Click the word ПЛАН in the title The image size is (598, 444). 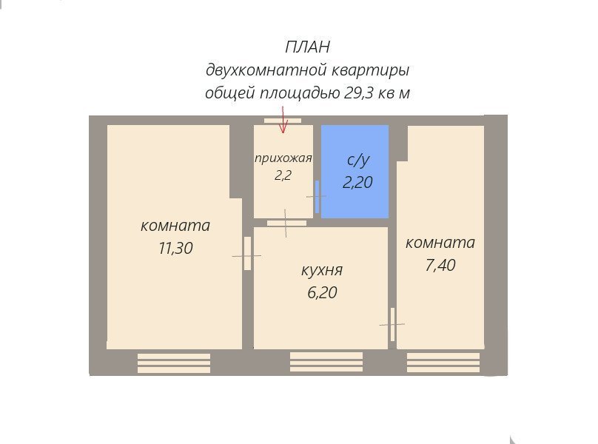pyautogui.click(x=307, y=47)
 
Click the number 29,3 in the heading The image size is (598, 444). pyautogui.click(x=358, y=92)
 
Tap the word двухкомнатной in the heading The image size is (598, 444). pyautogui.click(x=266, y=70)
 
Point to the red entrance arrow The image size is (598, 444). pyautogui.click(x=283, y=120)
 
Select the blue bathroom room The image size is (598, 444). pyautogui.click(x=355, y=172)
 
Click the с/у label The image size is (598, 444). pyautogui.click(x=358, y=160)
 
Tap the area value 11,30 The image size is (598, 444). pyautogui.click(x=175, y=249)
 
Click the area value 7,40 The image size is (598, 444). pyautogui.click(x=440, y=265)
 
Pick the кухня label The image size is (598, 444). pyautogui.click(x=322, y=270)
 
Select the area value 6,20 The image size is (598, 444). pyautogui.click(x=322, y=292)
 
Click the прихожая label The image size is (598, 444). pyautogui.click(x=283, y=158)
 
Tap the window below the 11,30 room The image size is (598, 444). pyautogui.click(x=174, y=363)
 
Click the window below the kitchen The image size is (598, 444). pyautogui.click(x=326, y=362)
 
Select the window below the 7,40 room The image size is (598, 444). pyautogui.click(x=443, y=363)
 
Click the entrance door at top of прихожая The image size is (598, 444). pyautogui.click(x=283, y=121)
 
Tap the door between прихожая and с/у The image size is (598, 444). pyautogui.click(x=317, y=197)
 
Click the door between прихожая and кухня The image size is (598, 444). pyautogui.click(x=286, y=223)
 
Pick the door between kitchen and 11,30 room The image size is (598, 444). pyautogui.click(x=247, y=254)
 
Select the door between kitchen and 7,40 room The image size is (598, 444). pyautogui.click(x=392, y=325)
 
